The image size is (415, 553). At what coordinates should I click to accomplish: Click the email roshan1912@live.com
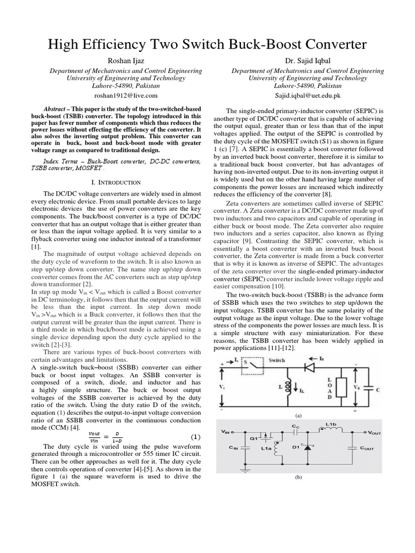tap(125, 95)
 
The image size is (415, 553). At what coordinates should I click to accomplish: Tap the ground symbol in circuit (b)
tap(246, 471)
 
